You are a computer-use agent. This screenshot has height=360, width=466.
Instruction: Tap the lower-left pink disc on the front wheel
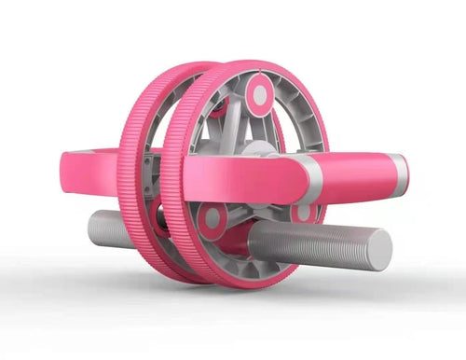tap(213, 219)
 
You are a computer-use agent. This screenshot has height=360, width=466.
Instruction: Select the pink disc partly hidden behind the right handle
tap(304, 213)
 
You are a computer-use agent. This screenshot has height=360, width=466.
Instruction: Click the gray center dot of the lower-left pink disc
tap(213, 219)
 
